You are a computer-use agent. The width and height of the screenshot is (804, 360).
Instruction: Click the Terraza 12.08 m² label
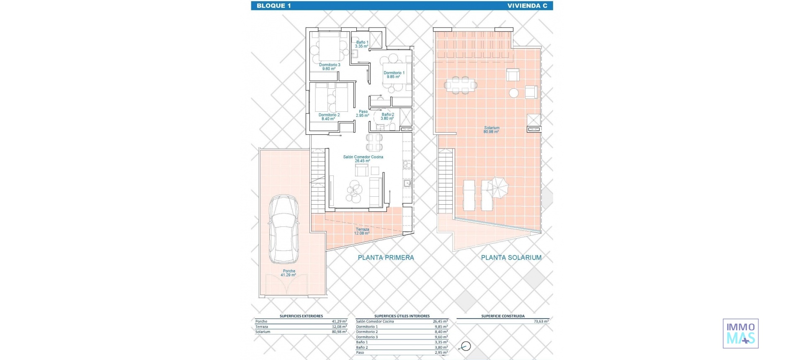click(x=362, y=231)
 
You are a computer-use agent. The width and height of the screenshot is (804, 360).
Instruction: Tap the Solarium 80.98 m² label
click(x=492, y=129)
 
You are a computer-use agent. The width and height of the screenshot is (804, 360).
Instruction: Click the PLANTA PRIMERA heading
click(x=386, y=257)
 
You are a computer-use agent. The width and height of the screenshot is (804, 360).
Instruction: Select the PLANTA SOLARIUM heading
click(x=511, y=257)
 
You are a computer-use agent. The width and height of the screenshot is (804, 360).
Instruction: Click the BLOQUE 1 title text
click(x=273, y=5)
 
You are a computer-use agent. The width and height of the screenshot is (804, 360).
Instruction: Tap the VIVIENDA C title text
click(x=527, y=5)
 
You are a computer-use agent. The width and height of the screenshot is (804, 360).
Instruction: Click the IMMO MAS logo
click(x=740, y=333)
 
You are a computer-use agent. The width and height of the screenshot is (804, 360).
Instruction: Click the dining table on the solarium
click(x=460, y=85)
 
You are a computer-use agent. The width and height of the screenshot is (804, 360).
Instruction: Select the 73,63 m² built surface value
click(x=541, y=321)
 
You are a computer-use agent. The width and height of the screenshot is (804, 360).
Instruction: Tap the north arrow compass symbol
click(x=466, y=346)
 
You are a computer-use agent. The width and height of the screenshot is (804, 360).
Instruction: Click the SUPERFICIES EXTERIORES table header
click(x=301, y=316)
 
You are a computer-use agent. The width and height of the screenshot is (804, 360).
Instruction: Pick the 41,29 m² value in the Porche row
click(x=339, y=321)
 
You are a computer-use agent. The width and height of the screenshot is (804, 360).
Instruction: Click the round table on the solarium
click(x=513, y=93)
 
